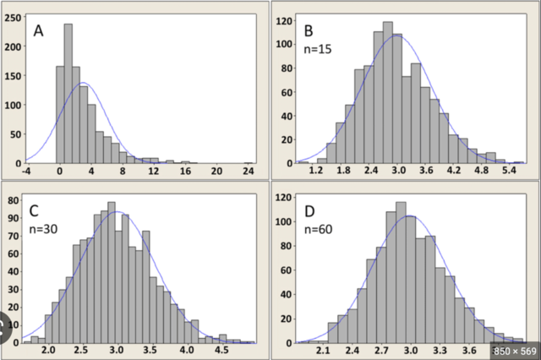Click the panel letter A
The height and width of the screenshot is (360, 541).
(x=39, y=31)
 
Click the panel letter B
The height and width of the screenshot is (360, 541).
(x=309, y=31)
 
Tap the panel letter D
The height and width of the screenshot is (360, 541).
(x=309, y=209)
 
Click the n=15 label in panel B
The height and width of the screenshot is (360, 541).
(x=318, y=50)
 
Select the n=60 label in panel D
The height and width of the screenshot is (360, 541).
(x=319, y=227)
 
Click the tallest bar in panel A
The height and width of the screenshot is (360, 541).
(x=68, y=93)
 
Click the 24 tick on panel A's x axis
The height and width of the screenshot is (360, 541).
(x=249, y=172)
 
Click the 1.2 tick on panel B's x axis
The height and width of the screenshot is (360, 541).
(x=316, y=172)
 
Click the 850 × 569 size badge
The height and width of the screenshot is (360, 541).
(x=514, y=348)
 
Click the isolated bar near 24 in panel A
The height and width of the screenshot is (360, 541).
(x=248, y=162)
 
